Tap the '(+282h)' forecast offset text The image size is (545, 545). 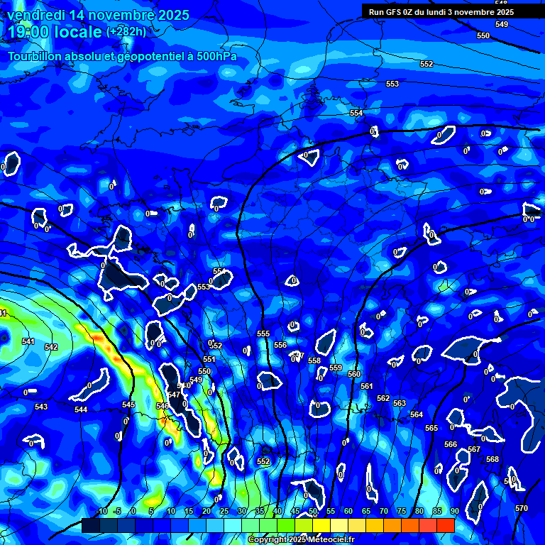(126, 31)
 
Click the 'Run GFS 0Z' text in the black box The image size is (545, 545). (394, 12)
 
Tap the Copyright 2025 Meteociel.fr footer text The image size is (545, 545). (302, 540)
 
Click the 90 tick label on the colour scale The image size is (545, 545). (453, 512)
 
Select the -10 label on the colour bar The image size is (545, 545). (101, 512)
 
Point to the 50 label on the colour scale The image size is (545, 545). (313, 512)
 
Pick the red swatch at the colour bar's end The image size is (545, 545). (445, 525)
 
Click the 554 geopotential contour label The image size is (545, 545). (356, 114)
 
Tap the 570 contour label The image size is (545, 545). (522, 508)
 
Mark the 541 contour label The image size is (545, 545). (28, 342)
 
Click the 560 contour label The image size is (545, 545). (354, 374)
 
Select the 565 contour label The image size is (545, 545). (431, 428)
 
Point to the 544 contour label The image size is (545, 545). (81, 410)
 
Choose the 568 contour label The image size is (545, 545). (492, 459)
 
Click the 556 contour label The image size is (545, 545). (280, 345)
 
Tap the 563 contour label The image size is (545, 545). (400, 403)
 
